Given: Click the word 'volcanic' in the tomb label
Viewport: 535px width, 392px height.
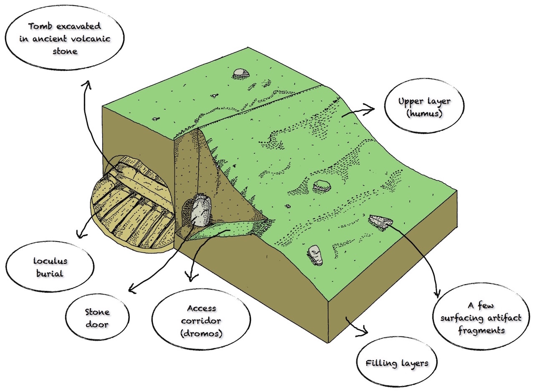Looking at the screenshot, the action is click(x=91, y=38).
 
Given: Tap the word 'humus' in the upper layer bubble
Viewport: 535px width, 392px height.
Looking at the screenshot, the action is click(x=424, y=114).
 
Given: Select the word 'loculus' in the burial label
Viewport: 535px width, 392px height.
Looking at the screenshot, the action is click(x=50, y=260).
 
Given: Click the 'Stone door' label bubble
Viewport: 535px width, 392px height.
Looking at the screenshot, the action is click(x=97, y=317).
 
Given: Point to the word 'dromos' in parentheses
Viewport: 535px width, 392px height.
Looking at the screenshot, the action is click(x=201, y=333).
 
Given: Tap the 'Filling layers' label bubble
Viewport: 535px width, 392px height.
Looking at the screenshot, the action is click(x=397, y=363).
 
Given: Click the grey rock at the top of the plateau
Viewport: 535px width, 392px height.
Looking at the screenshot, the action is click(x=241, y=73).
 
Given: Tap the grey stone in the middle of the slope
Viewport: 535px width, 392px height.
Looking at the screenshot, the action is click(x=322, y=186).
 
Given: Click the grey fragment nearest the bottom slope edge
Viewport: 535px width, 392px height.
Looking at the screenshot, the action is click(x=315, y=255).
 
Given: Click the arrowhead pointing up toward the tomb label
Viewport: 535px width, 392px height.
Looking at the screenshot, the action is click(x=87, y=84).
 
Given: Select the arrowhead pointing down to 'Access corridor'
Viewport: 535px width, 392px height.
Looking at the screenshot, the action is click(x=191, y=277).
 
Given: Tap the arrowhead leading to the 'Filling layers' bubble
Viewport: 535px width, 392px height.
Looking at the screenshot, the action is click(x=363, y=331).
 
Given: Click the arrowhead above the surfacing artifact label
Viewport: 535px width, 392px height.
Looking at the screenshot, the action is click(x=437, y=293).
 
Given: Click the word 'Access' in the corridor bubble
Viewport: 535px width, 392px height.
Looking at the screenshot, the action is click(x=201, y=308).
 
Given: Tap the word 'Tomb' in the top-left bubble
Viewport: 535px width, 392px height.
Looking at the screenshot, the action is click(x=41, y=26).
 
